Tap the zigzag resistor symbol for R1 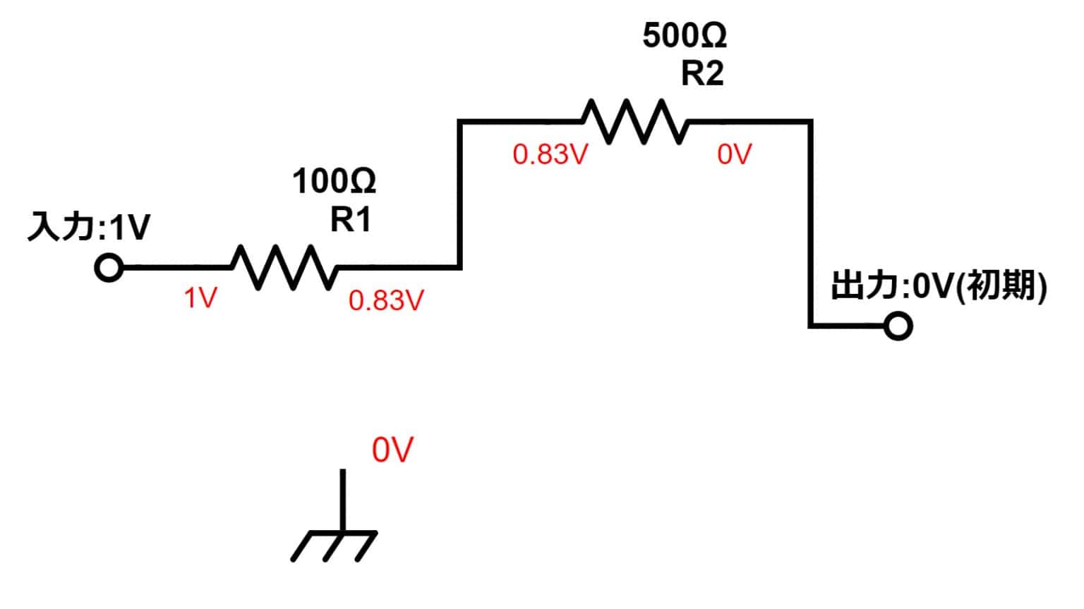[284, 267]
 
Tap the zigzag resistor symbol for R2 [635, 121]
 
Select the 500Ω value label [685, 35]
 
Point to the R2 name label [702, 73]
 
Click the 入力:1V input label [90, 226]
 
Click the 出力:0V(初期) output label [939, 285]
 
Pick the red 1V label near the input [200, 297]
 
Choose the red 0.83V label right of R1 [386, 300]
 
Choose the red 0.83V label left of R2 [550, 154]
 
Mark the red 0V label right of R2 [735, 154]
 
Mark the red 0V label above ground [392, 450]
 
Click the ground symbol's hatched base [334, 547]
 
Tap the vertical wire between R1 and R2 [459, 195]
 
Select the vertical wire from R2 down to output [811, 223]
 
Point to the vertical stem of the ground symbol [342, 500]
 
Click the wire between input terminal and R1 [178, 267]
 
